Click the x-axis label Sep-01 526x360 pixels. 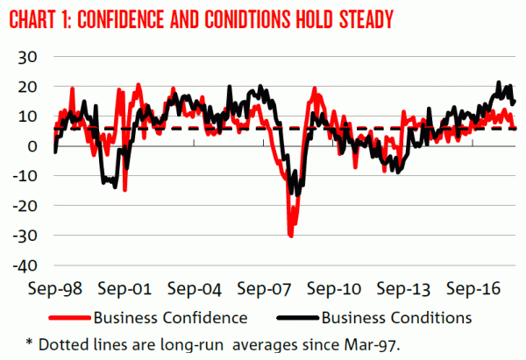click(120, 288)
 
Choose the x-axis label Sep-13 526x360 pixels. click(404, 288)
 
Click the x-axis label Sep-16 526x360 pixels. click(474, 288)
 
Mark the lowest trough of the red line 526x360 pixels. click(290, 236)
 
